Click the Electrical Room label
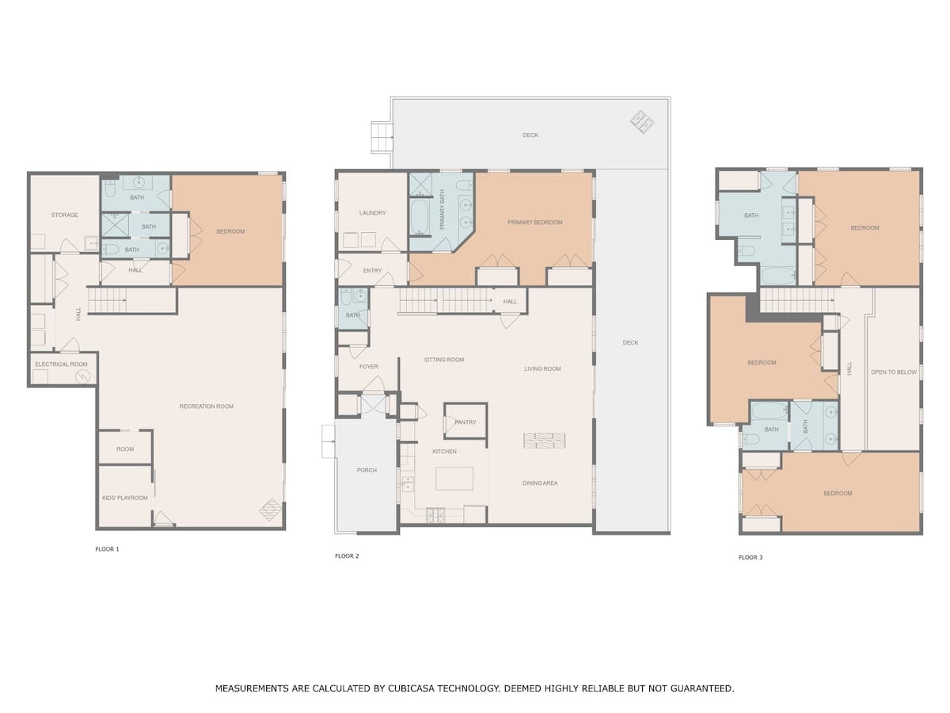[x=61, y=364]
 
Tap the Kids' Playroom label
[x=124, y=498]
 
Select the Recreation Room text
[x=206, y=406]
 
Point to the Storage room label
[x=64, y=215]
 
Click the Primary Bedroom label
[x=534, y=222]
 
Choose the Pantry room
[x=465, y=421]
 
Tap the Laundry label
[x=372, y=212]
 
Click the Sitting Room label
[x=443, y=360]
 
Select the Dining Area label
[x=540, y=483]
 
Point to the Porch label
[x=367, y=470]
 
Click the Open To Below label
[x=893, y=372]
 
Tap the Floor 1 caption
[x=107, y=549]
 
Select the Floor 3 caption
[x=750, y=557]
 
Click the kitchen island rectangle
[x=454, y=479]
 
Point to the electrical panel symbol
[x=82, y=376]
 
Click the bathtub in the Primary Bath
[x=419, y=215]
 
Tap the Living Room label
[x=541, y=369]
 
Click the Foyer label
[x=368, y=367]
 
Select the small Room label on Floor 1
[x=124, y=449]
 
